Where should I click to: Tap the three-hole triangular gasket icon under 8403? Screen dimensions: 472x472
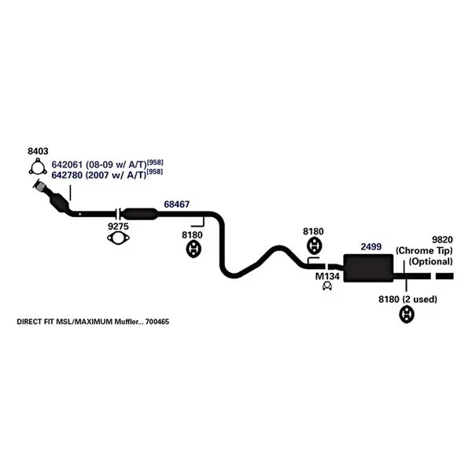(36, 168)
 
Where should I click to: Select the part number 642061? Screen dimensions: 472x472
(67, 164)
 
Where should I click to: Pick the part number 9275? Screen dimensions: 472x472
(118, 227)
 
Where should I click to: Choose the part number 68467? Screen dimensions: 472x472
(176, 205)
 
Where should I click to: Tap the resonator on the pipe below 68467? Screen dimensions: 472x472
(142, 213)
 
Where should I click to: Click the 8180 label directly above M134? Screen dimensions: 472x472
(313, 232)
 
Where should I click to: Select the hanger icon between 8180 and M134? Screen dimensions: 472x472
(313, 245)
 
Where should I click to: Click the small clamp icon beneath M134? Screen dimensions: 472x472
(326, 287)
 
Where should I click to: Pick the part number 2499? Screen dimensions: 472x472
(371, 247)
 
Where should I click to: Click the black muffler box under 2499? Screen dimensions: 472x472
(370, 267)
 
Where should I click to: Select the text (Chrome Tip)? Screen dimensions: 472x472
(425, 251)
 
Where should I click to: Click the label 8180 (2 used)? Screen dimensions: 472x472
(407, 300)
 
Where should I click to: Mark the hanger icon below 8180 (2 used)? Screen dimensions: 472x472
(407, 315)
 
